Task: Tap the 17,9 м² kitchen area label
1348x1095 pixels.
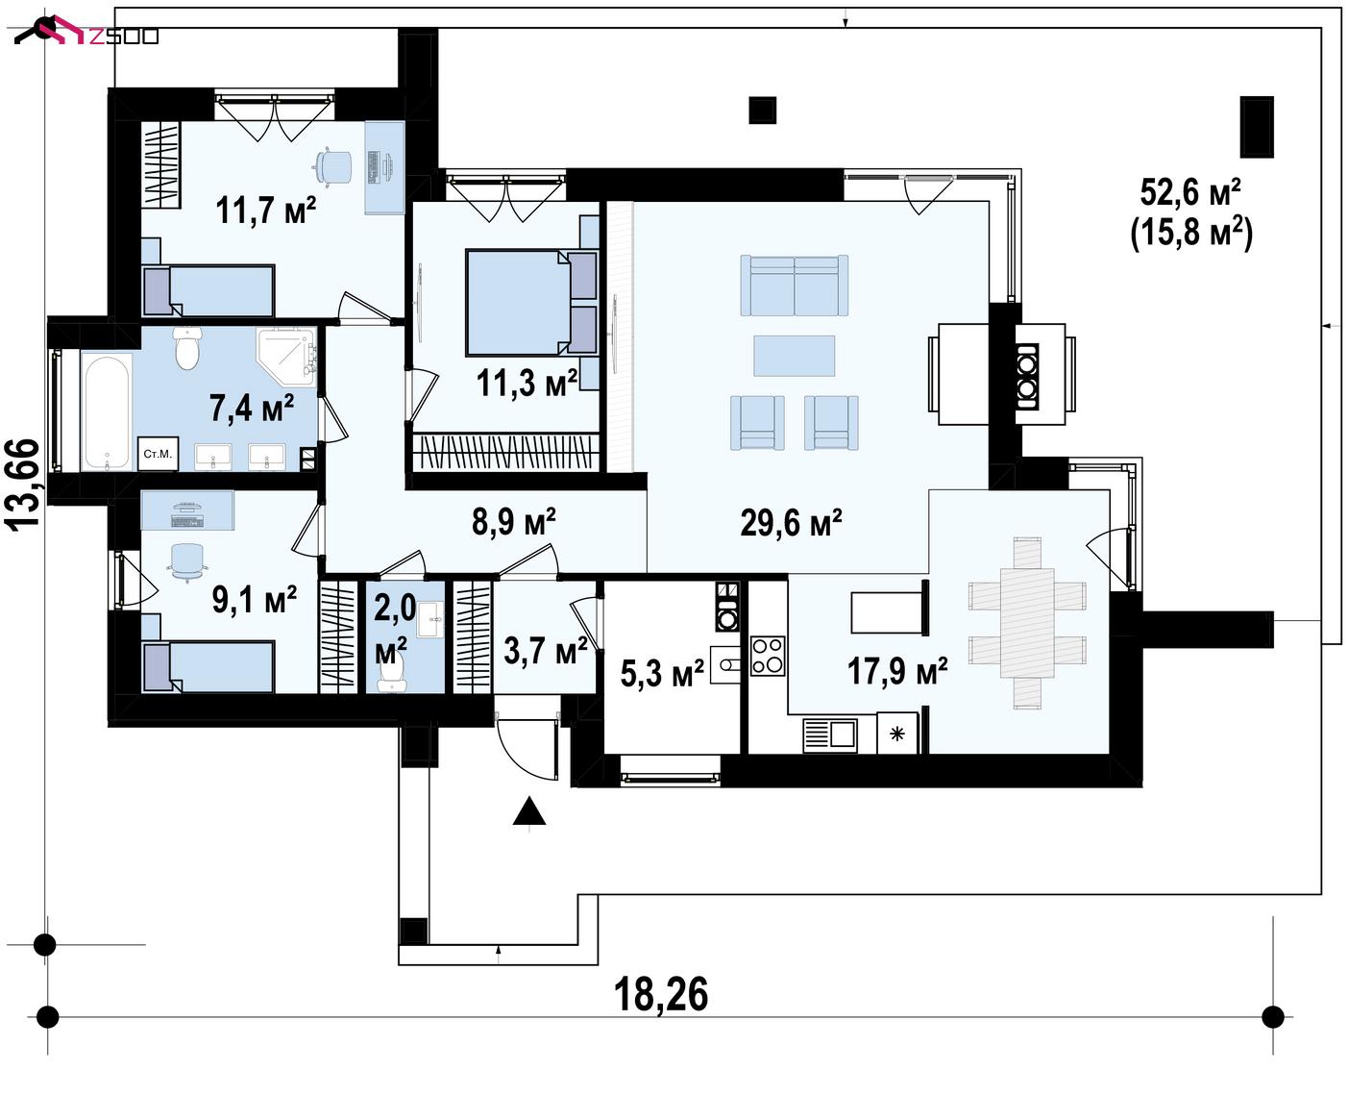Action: point(896,672)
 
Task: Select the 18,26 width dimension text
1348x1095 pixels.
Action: point(661,995)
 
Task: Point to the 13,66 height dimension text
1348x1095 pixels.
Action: point(23,484)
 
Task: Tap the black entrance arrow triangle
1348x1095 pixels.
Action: point(529,811)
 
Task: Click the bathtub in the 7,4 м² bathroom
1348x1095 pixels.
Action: point(107,411)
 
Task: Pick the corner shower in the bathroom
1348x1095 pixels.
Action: point(286,357)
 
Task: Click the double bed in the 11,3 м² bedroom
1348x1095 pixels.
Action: point(531,302)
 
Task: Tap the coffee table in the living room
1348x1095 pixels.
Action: point(794,356)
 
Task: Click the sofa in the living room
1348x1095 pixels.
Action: point(795,285)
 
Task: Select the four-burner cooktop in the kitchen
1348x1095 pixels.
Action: point(768,656)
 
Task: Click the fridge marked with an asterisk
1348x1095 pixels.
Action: point(896,734)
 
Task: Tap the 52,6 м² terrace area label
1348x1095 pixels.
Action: point(1190,192)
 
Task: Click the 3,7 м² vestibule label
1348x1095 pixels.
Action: point(546,651)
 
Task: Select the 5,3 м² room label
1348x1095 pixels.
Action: point(662,673)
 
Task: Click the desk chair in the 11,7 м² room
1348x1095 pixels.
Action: point(331,166)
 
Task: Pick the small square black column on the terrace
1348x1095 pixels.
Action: point(763,110)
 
